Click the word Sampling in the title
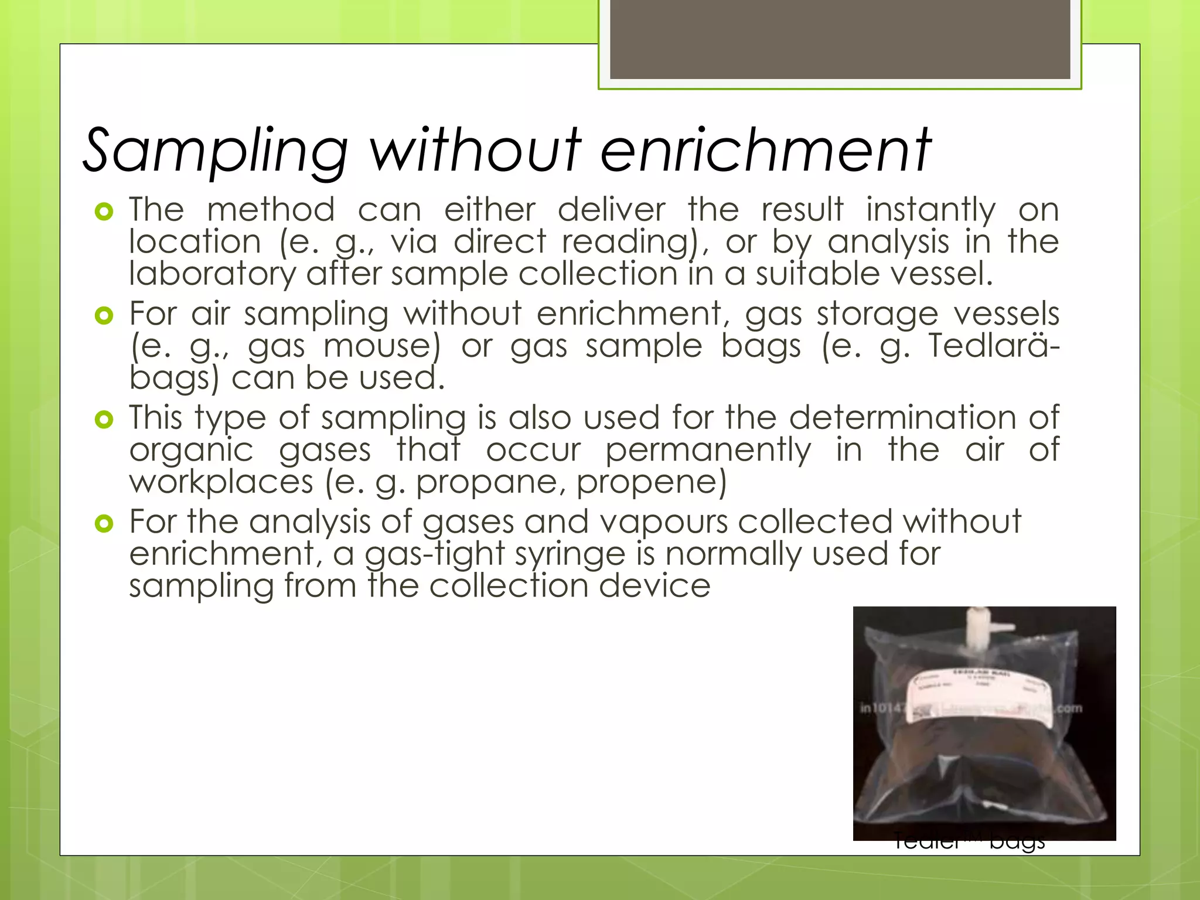216,151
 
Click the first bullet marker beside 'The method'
104,212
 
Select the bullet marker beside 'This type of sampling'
104,420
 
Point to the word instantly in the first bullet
930,210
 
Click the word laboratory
212,274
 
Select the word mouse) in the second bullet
381,346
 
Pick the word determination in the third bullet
902,418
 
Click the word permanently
708,451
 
